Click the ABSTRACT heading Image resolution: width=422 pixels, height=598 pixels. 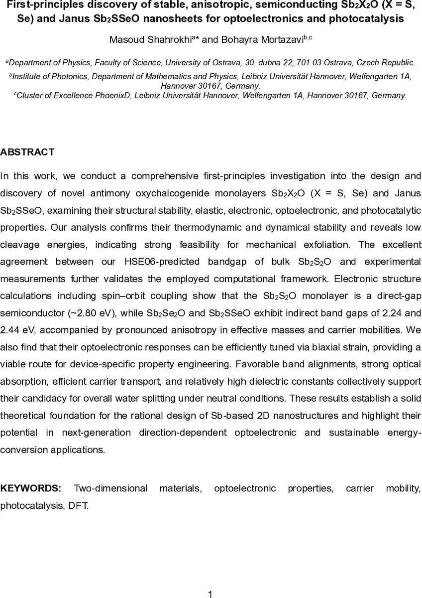27,152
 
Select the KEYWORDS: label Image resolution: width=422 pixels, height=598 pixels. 31,488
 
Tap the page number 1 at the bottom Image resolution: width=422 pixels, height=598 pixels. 211,594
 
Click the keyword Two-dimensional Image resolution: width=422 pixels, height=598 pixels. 110,488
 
